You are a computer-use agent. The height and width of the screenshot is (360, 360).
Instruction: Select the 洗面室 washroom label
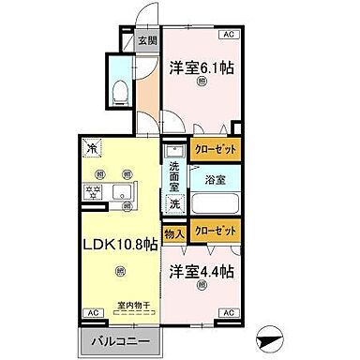(175, 175)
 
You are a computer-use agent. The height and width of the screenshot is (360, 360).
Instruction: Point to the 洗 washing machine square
(174, 203)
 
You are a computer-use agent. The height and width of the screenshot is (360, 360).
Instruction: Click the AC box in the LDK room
(93, 312)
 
